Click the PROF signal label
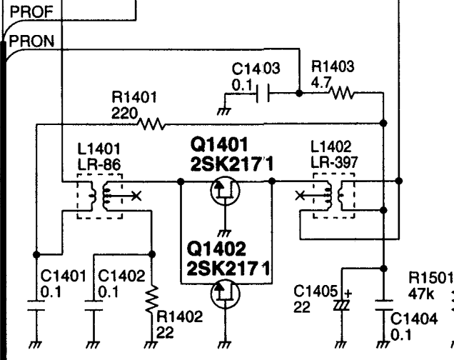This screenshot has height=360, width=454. coord(31,12)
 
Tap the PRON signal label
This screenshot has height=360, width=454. coord(31,41)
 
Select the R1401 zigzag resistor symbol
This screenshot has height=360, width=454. coord(152,124)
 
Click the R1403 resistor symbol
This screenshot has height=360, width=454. coord(342,93)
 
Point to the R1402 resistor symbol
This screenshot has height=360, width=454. coord(151,299)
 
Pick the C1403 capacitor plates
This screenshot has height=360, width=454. coord(263,93)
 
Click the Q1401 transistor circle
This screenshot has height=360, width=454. coord(225,190)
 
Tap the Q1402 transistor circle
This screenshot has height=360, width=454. coord(225,294)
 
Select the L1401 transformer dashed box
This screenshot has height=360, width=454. coord(100,196)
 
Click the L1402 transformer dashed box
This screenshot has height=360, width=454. coord(334,196)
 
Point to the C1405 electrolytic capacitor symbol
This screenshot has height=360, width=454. coord(342,305)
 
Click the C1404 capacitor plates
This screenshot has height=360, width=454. coord(383,305)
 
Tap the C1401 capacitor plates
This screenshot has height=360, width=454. coord(36,306)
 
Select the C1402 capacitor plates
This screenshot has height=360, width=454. coord(94,306)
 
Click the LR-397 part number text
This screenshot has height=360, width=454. coord(334,162)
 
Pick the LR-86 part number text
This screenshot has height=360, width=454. coord(99,165)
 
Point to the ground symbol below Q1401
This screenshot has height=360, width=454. coord(225,233)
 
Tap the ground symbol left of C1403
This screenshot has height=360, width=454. coord(224,111)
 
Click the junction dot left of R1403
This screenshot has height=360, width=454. coord(299,94)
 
